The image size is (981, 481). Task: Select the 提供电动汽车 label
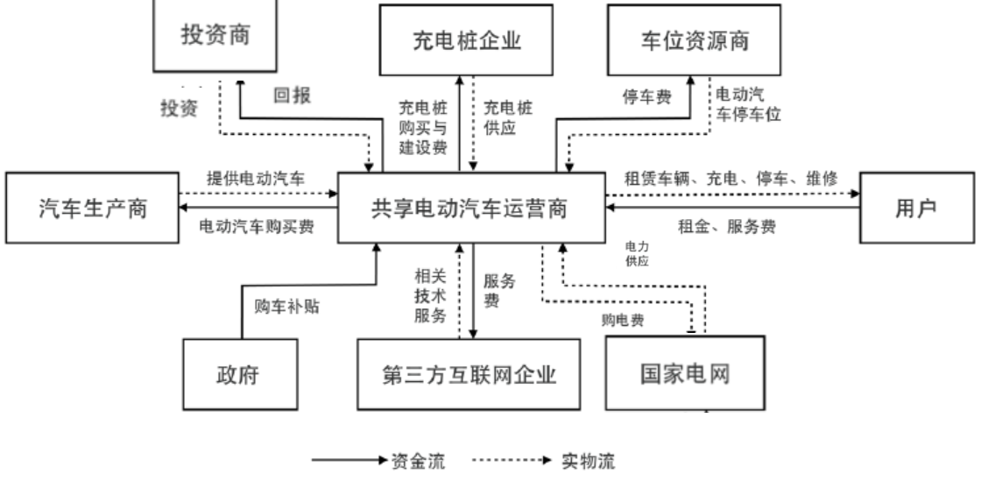pos(257,177)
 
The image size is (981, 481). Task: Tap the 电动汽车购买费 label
pos(256,226)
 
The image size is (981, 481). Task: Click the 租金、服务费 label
pos(726,226)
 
